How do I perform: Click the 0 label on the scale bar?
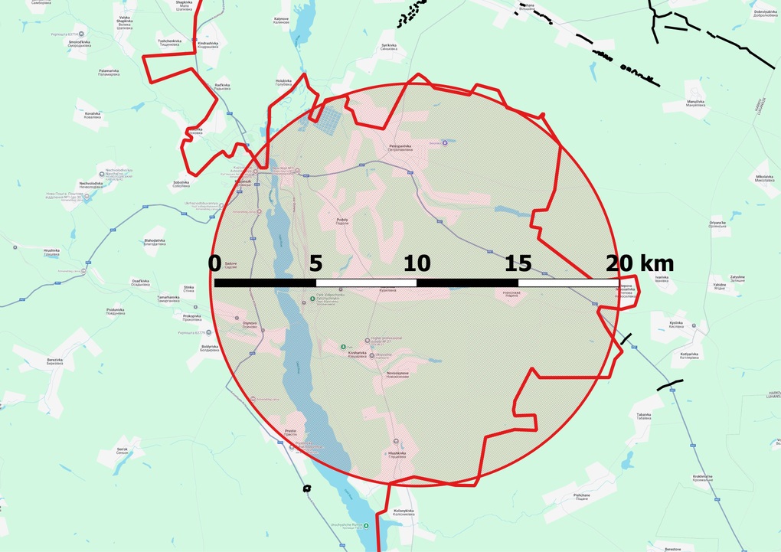pyautogui.click(x=214, y=264)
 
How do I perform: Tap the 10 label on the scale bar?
pyautogui.click(x=417, y=264)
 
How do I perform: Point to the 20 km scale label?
pyautogui.click(x=639, y=264)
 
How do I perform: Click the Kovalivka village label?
pyautogui.click(x=93, y=116)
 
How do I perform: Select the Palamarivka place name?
pyautogui.click(x=109, y=73)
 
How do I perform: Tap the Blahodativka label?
pyautogui.click(x=155, y=242)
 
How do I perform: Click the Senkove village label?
pyautogui.click(x=122, y=449)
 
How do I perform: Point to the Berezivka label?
pyautogui.click(x=54, y=361)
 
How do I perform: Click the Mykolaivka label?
pyautogui.click(x=765, y=178)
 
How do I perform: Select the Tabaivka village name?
pyautogui.click(x=643, y=416)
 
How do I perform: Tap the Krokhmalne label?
pyautogui.click(x=703, y=478)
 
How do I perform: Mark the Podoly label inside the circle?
pyautogui.click(x=342, y=221)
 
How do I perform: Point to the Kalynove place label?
pyautogui.click(x=282, y=20)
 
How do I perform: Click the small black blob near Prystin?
pyautogui.click(x=307, y=488)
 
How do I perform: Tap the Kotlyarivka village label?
pyautogui.click(x=689, y=355)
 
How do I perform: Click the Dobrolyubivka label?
pyautogui.click(x=766, y=13)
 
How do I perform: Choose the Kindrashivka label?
pyautogui.click(x=209, y=44)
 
